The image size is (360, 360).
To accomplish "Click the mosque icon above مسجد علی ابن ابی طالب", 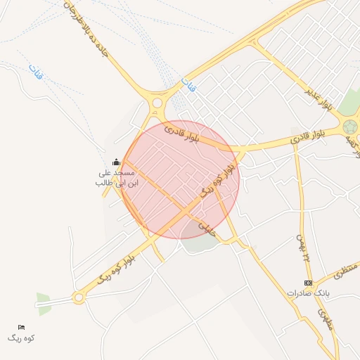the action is (116, 162).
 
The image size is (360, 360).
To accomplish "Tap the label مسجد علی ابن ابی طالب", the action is (117, 177).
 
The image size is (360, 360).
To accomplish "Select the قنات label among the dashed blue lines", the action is (35, 72).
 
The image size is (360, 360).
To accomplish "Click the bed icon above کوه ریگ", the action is (21, 327).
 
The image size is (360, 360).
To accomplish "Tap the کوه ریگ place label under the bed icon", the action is (21, 338).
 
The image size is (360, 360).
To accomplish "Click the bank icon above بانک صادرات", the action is (308, 282).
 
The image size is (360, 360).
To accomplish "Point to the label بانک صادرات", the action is (308, 292).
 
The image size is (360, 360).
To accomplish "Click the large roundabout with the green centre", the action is (349, 127).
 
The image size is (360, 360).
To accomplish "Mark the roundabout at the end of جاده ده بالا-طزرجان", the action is (156, 103).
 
